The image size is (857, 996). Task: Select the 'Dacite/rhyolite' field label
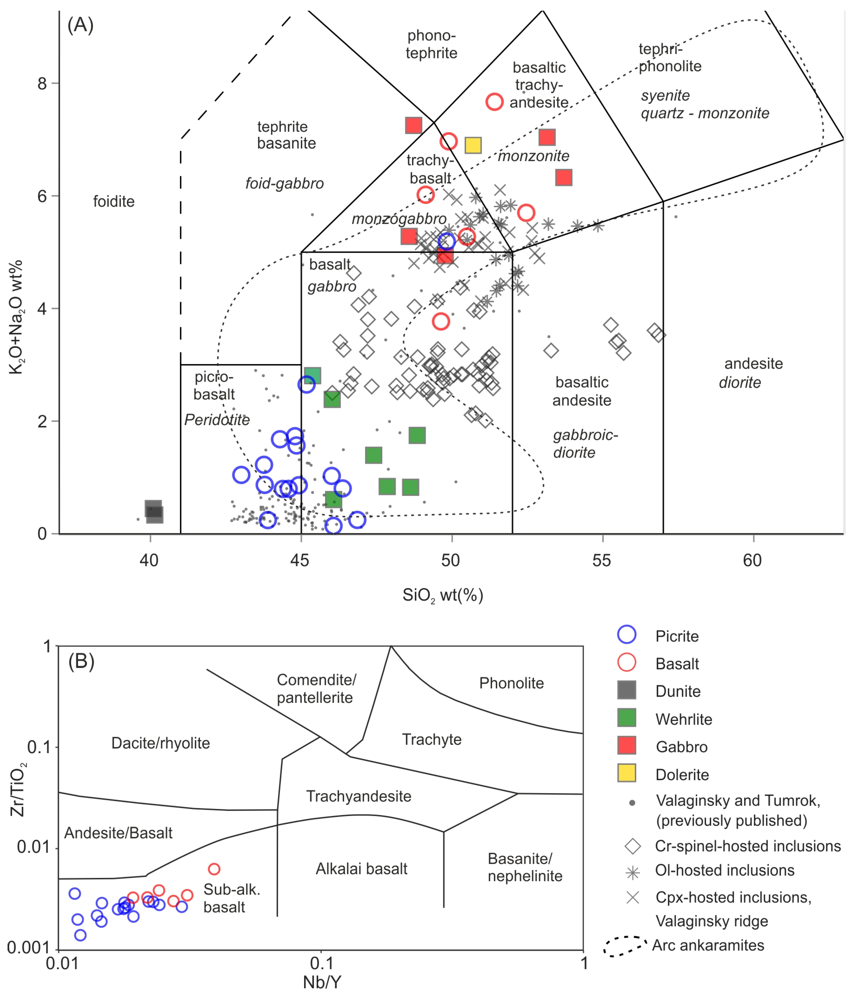[161, 743]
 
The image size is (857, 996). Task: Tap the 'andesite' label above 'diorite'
[753, 364]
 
